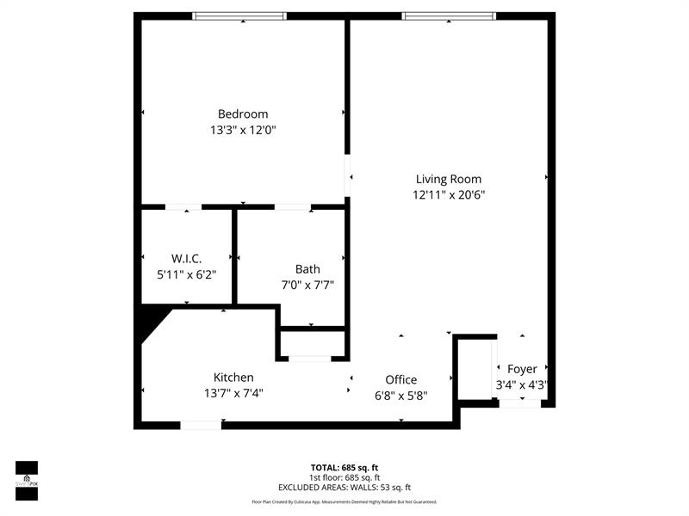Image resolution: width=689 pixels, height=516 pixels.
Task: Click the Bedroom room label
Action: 243,114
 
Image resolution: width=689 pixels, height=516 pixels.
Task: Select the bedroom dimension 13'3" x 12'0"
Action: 243,131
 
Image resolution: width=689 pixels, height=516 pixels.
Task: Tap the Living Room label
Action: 449,179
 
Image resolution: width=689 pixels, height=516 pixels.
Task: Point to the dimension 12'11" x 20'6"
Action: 449,195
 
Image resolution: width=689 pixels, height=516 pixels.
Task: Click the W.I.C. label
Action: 187,258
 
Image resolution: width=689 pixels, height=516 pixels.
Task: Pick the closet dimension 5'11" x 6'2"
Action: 187,274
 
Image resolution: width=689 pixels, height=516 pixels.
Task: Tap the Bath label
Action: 307,269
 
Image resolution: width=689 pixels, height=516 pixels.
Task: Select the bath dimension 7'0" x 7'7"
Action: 307,286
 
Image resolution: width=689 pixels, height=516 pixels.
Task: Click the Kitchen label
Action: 233,377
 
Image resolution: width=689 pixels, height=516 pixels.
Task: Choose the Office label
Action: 401,379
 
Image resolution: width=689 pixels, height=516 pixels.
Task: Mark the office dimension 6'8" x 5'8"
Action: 401,396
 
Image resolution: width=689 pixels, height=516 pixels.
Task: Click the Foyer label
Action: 522,369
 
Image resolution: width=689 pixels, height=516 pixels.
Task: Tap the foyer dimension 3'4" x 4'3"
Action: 522,385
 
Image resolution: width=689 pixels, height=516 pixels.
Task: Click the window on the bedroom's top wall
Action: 239,15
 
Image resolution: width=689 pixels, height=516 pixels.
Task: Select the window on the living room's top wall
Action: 449,15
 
